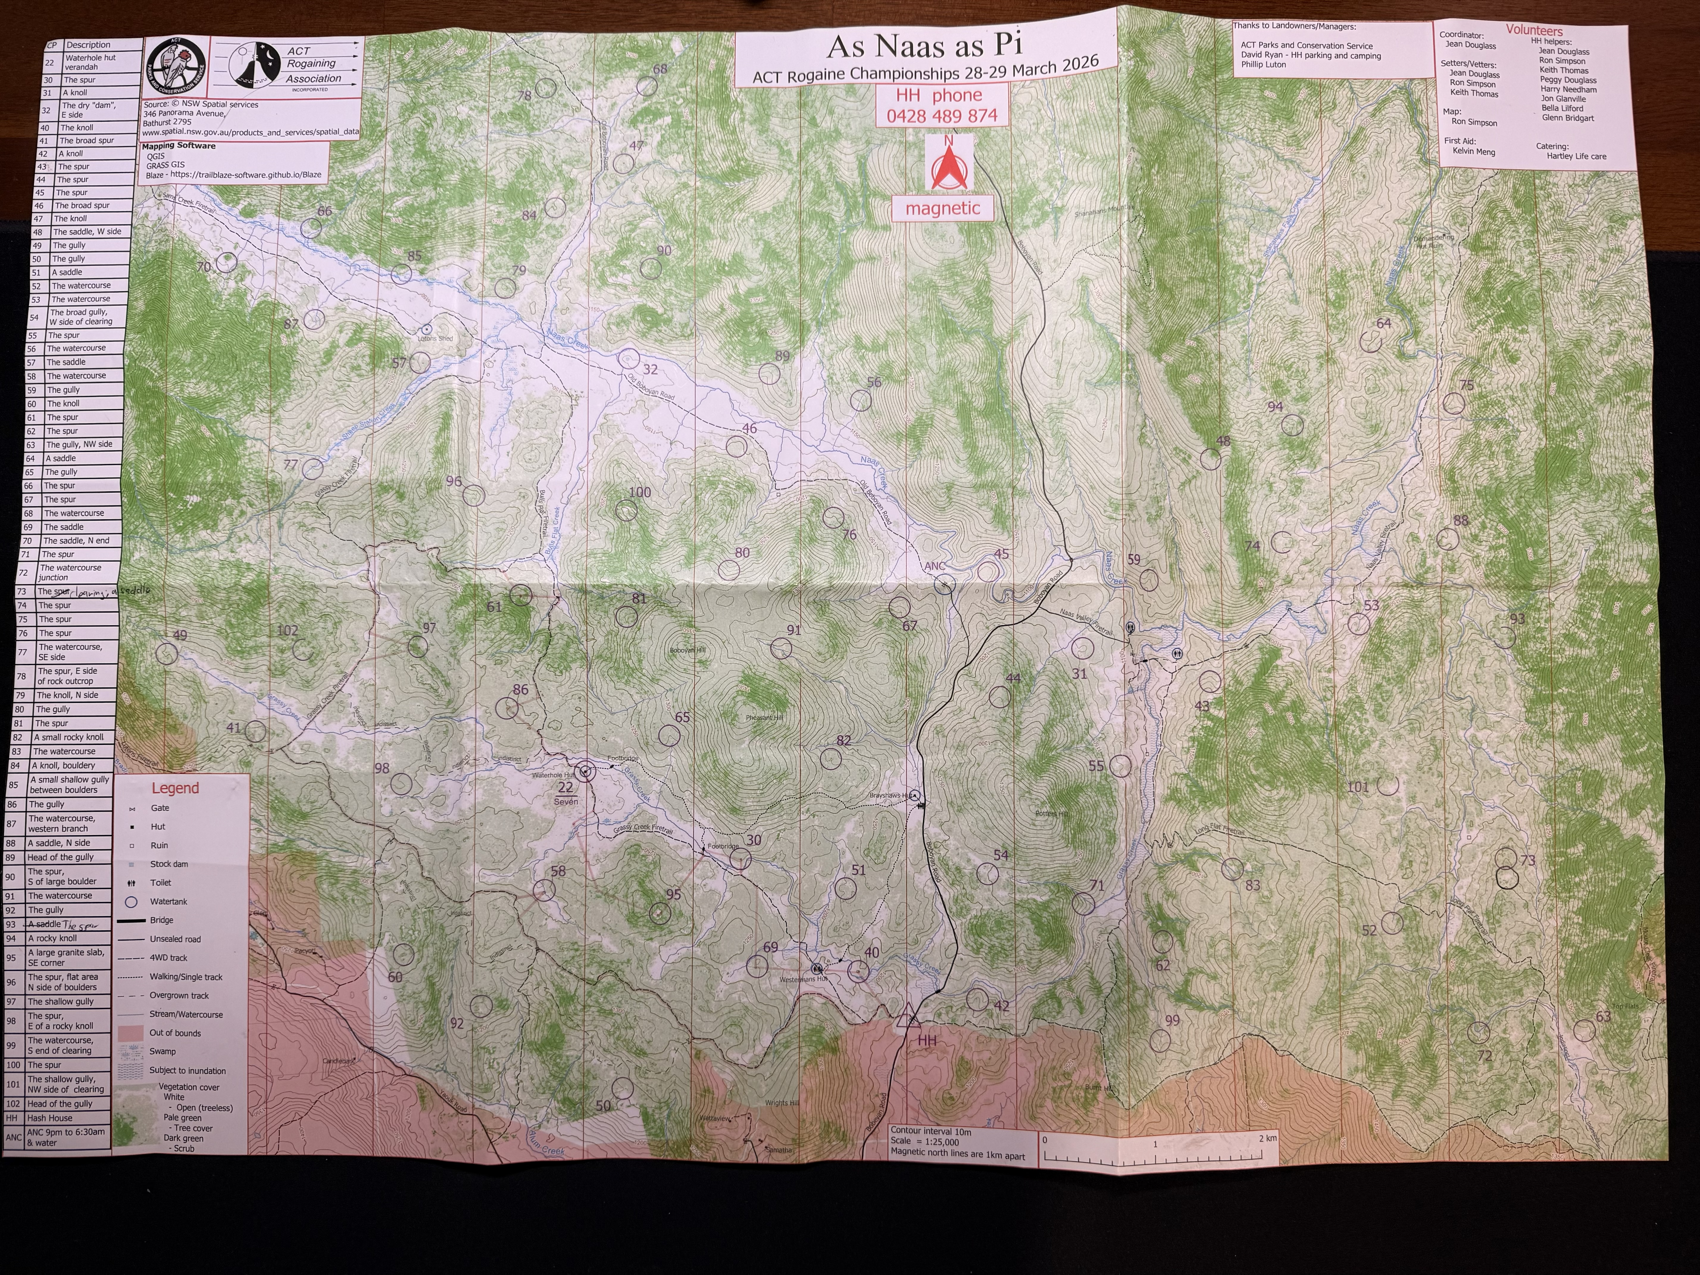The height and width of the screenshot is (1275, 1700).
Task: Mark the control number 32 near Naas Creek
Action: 650,370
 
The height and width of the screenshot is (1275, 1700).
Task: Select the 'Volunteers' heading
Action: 1534,31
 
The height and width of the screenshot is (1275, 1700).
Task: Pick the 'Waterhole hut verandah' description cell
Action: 90,62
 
